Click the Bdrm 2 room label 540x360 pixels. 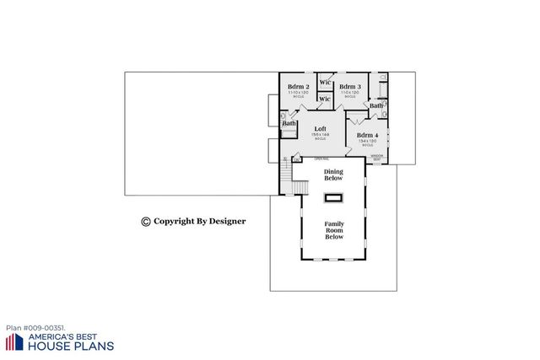(299, 87)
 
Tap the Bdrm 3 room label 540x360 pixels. (350, 87)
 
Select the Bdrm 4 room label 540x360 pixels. (366, 135)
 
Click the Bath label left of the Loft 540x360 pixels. (289, 124)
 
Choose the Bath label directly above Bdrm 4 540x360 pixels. (375, 105)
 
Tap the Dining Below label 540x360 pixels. (334, 175)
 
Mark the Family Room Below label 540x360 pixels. (334, 229)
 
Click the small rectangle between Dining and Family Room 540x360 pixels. (334, 198)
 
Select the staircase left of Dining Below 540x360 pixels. (290, 177)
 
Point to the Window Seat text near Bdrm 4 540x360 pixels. (377, 157)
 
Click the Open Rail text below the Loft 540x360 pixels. (321, 159)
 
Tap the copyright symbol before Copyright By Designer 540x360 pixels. (145, 221)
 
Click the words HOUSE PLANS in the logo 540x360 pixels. (72, 346)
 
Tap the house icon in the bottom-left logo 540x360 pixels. (14, 341)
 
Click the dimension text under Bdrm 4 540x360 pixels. (366, 141)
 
